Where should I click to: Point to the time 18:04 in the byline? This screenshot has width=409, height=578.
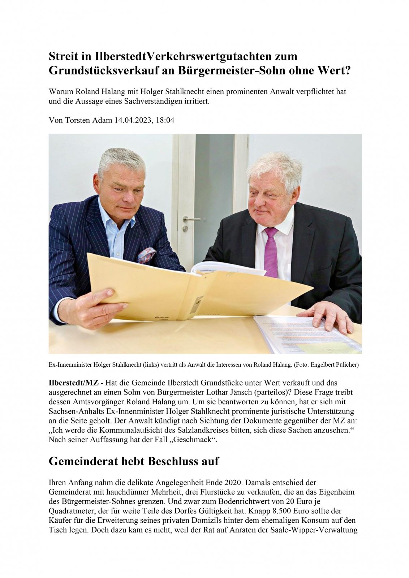(165, 120)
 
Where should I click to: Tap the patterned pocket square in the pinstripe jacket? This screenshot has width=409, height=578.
(147, 255)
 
